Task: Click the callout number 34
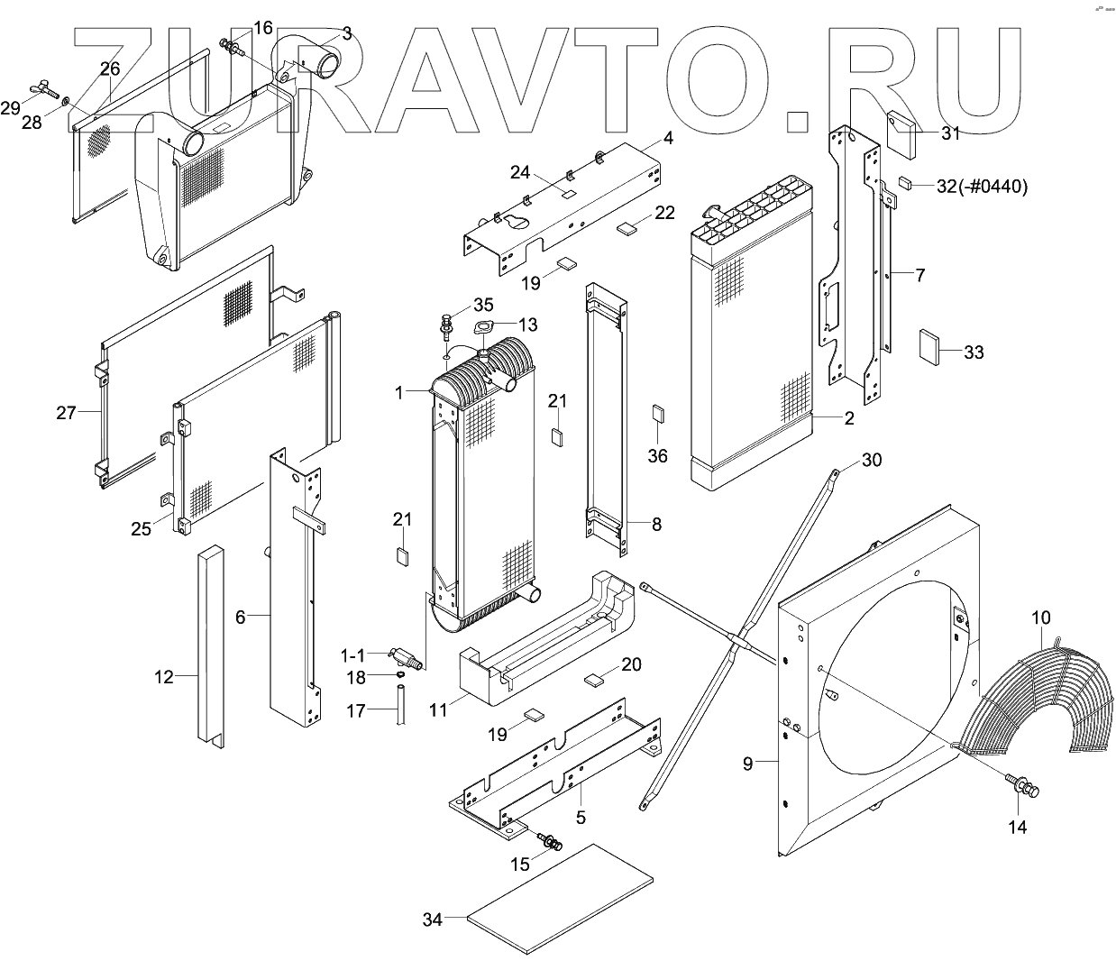(x=433, y=920)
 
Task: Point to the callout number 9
(x=747, y=764)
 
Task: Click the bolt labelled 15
(x=549, y=842)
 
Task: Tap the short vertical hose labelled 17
(x=399, y=703)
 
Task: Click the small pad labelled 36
(x=658, y=414)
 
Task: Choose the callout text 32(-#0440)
(x=982, y=187)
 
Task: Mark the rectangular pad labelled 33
(x=929, y=346)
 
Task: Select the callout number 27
(x=67, y=413)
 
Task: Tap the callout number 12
(x=163, y=676)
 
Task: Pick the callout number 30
(x=872, y=460)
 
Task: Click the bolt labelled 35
(x=447, y=321)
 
